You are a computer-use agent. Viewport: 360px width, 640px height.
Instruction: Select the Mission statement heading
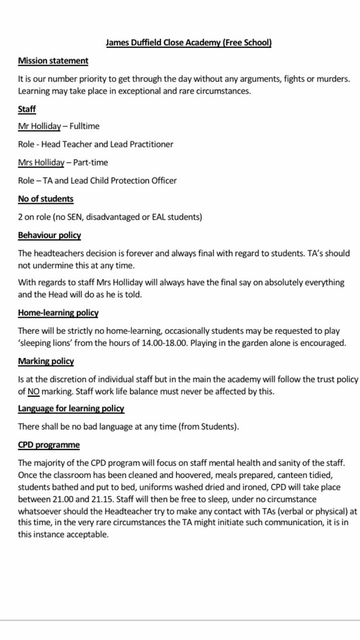53,61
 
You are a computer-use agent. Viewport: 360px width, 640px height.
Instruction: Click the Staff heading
27,109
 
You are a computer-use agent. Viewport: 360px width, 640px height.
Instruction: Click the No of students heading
46,198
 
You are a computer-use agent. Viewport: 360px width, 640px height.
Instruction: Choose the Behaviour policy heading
50,235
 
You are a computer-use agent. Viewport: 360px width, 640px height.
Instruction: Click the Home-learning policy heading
58,313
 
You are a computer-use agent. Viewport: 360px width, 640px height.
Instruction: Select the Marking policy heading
46,361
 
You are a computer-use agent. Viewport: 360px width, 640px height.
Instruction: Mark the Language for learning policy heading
71,409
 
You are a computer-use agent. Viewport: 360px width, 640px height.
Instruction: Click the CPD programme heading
50,445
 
